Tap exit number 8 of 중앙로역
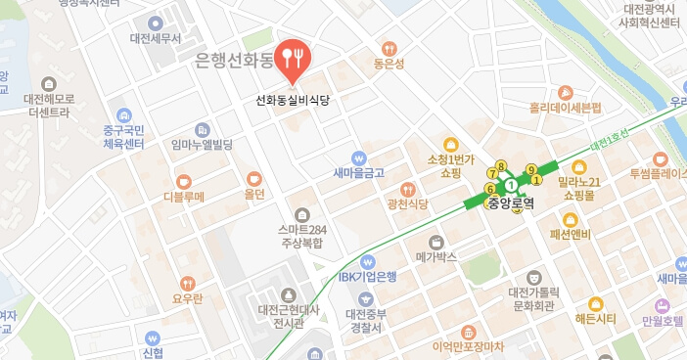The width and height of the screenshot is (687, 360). click(501, 166)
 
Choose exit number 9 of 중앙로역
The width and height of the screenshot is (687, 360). click(531, 169)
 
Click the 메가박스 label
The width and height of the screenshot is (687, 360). click(436, 257)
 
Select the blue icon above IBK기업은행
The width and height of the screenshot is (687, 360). click(368, 261)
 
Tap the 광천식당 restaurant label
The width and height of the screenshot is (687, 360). click(408, 203)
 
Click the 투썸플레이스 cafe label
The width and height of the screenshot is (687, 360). click(659, 174)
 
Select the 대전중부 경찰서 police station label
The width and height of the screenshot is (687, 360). click(367, 321)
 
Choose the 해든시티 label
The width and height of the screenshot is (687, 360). click(595, 320)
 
